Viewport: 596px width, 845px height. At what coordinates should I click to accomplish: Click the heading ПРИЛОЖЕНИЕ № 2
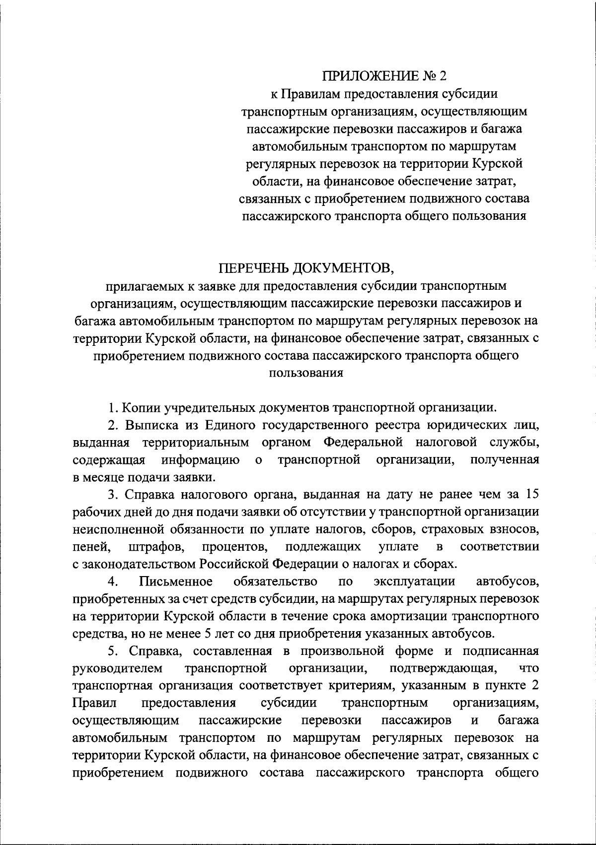(x=385, y=76)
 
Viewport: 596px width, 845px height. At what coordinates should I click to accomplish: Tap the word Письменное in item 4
(x=176, y=581)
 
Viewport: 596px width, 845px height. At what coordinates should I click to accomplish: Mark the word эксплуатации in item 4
(x=414, y=581)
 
